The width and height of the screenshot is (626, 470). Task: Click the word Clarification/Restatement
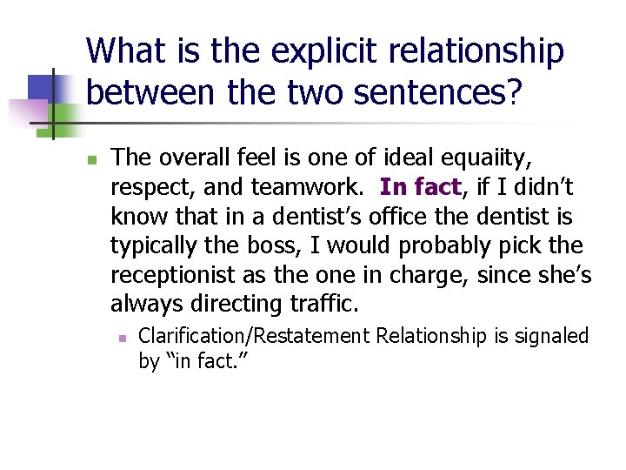point(253,336)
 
